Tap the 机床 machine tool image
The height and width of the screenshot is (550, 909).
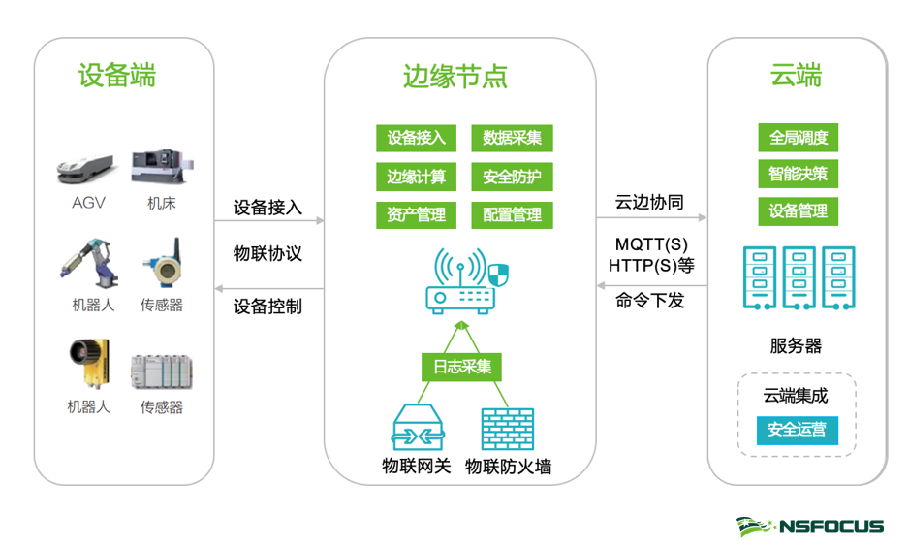click(x=161, y=167)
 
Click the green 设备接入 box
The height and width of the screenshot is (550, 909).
click(x=416, y=138)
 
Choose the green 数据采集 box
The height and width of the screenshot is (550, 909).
click(x=512, y=138)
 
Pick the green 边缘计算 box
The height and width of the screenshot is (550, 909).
click(x=416, y=177)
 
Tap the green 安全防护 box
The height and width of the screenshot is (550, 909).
click(x=512, y=177)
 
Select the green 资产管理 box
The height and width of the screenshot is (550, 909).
click(x=416, y=214)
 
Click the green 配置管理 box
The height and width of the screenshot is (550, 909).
click(x=512, y=214)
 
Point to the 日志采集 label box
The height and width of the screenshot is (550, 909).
click(x=460, y=367)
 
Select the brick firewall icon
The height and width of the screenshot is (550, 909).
click(x=507, y=428)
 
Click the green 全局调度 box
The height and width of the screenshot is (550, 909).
click(x=798, y=138)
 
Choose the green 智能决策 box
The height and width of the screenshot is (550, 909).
click(x=798, y=175)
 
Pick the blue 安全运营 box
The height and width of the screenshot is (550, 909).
click(x=797, y=430)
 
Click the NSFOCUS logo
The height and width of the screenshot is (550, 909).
click(x=809, y=526)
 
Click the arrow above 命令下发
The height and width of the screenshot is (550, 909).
click(x=651, y=286)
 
